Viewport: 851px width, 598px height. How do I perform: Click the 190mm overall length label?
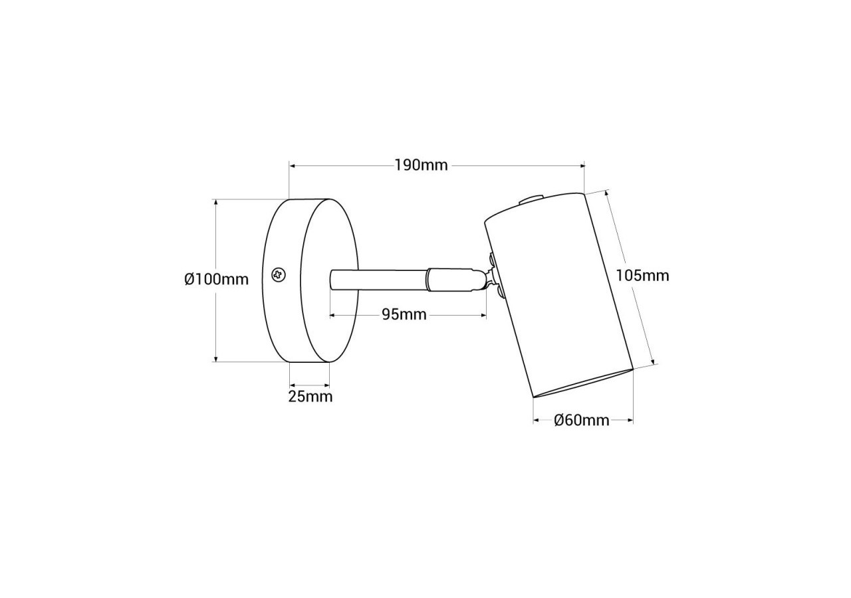click(421, 165)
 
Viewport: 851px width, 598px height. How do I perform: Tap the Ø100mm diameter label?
click(216, 279)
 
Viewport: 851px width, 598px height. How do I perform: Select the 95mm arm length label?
click(404, 315)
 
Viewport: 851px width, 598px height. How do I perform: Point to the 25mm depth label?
click(310, 397)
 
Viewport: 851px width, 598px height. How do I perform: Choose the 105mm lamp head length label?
click(642, 275)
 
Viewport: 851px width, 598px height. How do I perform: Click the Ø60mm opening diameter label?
click(582, 420)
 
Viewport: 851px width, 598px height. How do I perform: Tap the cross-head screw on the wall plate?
click(279, 274)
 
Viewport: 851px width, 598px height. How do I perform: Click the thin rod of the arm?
click(379, 279)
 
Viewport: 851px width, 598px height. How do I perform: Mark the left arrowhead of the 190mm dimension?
click(293, 165)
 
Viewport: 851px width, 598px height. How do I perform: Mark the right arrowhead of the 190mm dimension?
click(581, 165)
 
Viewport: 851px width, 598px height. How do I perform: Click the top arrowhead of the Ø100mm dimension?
click(215, 202)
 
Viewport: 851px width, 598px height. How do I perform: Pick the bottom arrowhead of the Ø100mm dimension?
click(215, 358)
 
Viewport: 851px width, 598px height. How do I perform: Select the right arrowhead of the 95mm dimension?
click(483, 315)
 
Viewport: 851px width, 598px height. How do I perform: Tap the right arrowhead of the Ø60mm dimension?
click(630, 420)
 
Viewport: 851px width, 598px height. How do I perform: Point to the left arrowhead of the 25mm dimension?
click(293, 384)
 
